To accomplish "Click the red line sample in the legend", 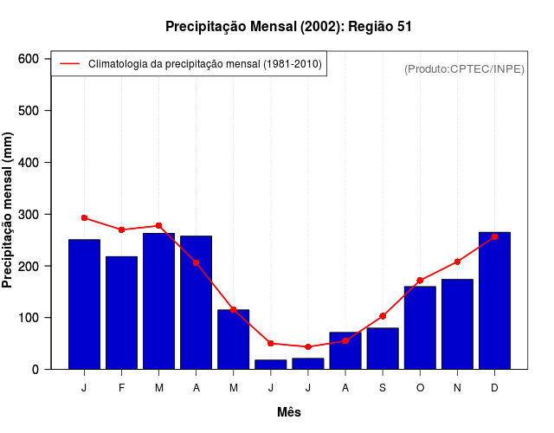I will [69, 64].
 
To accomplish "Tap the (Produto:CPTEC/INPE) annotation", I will [464, 68].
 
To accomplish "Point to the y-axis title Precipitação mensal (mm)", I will [9, 210].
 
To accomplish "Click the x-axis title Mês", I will [289, 412].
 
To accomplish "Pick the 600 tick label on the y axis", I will [29, 59].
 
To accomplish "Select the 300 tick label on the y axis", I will [29, 214].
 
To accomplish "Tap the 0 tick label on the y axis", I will [35, 370].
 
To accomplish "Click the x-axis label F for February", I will [122, 387].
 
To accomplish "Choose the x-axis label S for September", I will [383, 387].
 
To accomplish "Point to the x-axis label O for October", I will [420, 387].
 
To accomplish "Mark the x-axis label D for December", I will [494, 387].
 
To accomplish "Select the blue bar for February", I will [122, 313].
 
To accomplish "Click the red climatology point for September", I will [383, 316].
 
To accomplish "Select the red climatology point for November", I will [457, 262].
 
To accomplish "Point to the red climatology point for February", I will [122, 229].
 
